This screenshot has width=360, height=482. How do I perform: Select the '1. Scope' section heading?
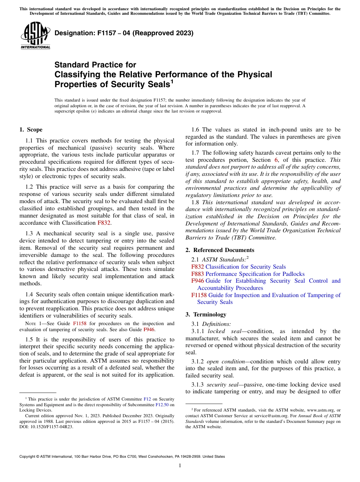[x=31, y=130]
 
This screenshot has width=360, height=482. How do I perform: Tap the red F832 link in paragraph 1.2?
[x=104, y=223]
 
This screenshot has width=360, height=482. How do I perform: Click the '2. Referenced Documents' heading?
[x=220, y=250]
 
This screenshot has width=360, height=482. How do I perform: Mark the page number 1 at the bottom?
[x=180, y=466]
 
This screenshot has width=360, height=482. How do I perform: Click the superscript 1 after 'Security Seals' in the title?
[x=172, y=81]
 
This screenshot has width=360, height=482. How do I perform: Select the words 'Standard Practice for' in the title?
[x=95, y=65]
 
